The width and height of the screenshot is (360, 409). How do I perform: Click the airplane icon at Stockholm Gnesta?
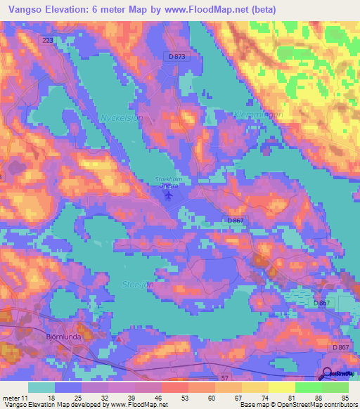[x=167, y=194]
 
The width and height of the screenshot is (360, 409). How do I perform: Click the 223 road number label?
[x=48, y=41]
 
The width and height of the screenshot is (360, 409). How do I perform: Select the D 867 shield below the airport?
[x=236, y=221]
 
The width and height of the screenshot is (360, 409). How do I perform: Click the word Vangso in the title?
[x=22, y=10]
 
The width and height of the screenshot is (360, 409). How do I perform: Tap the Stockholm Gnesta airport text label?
[x=168, y=182]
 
